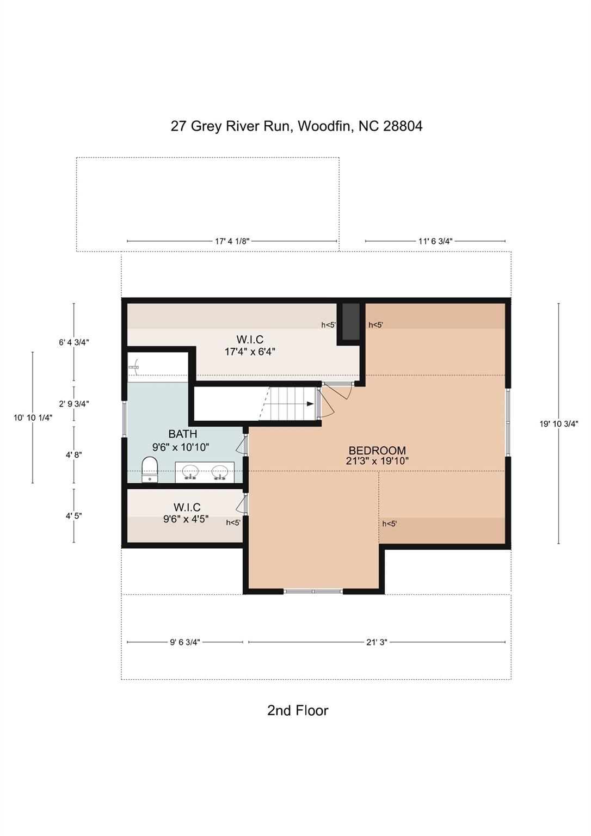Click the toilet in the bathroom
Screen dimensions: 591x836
click(150, 469)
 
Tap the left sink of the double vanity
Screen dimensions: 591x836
click(190, 472)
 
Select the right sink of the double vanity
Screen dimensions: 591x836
click(220, 472)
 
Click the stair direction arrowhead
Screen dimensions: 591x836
click(310, 403)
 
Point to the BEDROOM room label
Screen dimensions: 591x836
click(377, 451)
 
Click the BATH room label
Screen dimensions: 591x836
click(183, 434)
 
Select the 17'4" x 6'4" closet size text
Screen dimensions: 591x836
click(250, 352)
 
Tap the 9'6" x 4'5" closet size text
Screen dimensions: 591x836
click(186, 519)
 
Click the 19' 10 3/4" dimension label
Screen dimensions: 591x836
click(558, 423)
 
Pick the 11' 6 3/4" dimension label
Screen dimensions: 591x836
click(435, 241)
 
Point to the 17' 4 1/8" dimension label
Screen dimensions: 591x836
click(232, 241)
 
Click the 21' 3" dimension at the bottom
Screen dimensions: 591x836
click(377, 642)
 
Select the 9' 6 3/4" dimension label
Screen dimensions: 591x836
click(185, 642)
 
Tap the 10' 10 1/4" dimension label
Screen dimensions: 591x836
click(33, 417)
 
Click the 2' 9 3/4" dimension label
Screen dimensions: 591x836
click(74, 403)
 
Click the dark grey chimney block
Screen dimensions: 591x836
click(351, 321)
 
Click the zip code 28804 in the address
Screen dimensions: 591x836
click(403, 126)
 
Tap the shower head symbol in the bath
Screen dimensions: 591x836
click(134, 367)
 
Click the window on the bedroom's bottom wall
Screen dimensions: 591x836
click(313, 591)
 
